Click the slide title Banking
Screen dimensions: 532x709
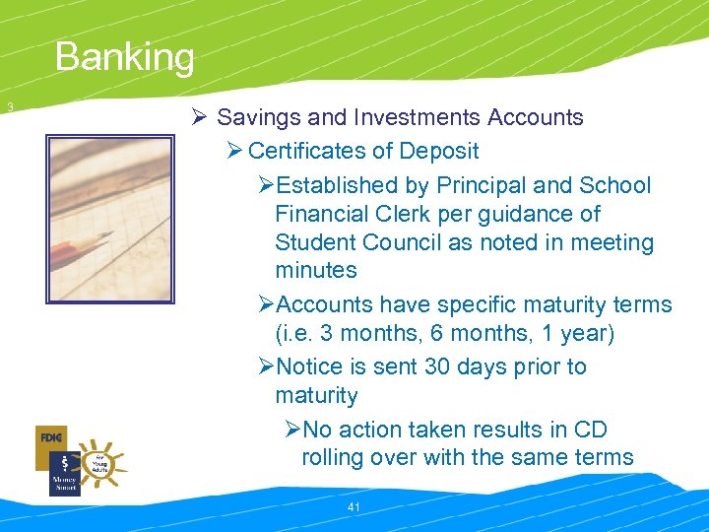pos(125,57)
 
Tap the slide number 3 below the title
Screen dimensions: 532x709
pos(9,106)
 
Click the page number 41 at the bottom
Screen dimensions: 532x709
pos(355,506)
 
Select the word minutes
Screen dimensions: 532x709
pos(315,271)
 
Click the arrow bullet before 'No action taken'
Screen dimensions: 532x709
pos(290,430)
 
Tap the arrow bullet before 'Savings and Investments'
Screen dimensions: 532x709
pos(199,118)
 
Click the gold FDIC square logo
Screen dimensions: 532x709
pos(51,436)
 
